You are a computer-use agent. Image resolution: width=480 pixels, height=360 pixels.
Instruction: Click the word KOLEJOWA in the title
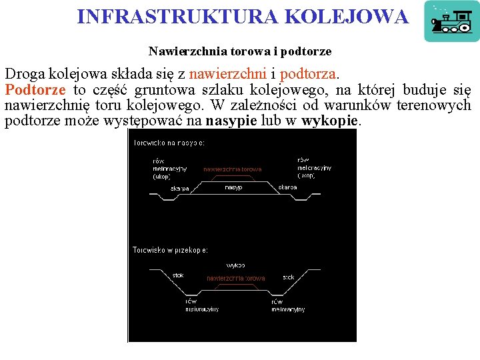click(x=347, y=17)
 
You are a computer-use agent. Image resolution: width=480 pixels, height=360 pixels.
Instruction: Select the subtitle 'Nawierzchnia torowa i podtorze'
click(x=240, y=51)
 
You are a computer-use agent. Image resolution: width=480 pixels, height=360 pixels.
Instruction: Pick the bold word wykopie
click(x=330, y=121)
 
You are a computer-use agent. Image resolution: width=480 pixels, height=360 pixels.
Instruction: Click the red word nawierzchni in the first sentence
click(x=226, y=73)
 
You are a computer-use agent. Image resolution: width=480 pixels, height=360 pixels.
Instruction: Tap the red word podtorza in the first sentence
click(x=309, y=73)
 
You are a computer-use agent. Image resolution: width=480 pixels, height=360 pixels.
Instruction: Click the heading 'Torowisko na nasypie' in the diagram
click(x=169, y=143)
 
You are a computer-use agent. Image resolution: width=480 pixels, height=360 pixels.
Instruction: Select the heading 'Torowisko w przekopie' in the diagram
click(x=170, y=250)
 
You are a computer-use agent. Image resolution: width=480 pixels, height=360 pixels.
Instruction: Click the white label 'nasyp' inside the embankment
click(x=233, y=187)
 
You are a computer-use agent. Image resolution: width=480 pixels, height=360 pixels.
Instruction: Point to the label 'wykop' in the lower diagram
click(x=235, y=265)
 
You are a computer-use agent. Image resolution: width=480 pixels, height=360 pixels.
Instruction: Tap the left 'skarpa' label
click(x=180, y=189)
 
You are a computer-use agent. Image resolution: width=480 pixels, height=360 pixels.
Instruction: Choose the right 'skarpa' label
click(x=287, y=187)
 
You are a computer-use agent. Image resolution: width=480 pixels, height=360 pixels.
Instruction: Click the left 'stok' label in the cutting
click(x=178, y=275)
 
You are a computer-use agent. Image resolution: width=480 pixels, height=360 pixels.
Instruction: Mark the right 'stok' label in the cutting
click(x=288, y=277)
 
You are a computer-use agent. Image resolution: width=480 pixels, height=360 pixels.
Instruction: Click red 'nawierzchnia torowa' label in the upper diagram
click(x=233, y=169)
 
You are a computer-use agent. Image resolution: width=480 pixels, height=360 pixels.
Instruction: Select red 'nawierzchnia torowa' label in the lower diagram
click(x=235, y=278)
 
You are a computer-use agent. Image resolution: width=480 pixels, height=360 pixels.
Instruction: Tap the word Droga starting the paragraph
click(x=24, y=73)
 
